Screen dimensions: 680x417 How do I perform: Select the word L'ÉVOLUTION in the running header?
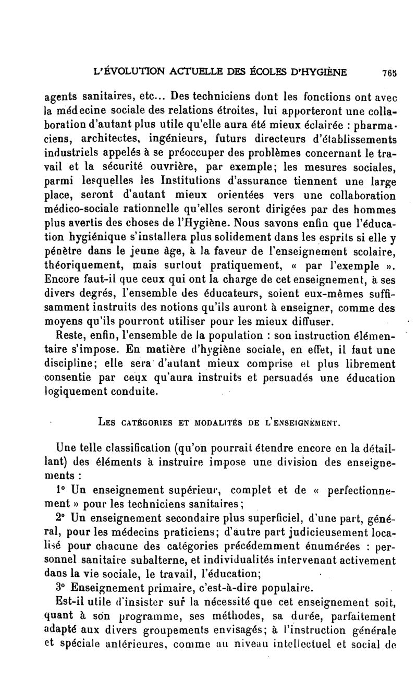tap(123, 72)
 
